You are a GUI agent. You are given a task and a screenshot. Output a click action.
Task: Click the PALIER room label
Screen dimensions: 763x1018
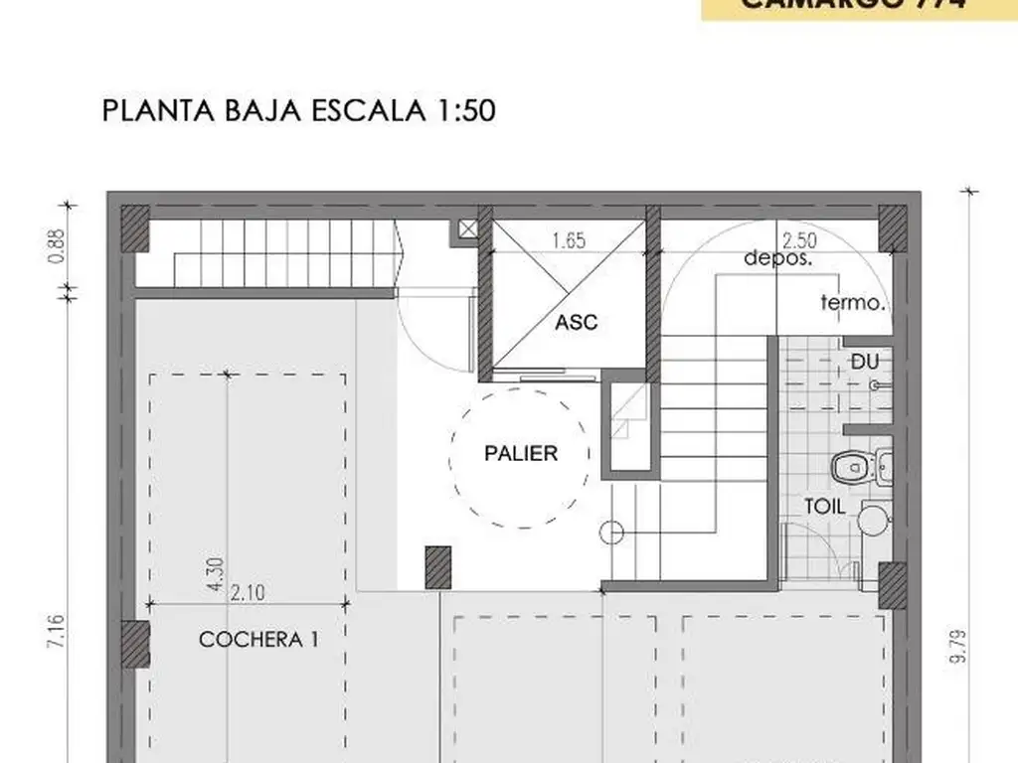click(521, 454)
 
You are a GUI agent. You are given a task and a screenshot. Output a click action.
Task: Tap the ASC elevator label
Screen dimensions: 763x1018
click(577, 323)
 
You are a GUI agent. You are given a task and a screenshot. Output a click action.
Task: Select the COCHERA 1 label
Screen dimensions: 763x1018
click(258, 640)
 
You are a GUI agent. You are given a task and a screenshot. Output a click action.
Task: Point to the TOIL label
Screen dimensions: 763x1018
click(825, 506)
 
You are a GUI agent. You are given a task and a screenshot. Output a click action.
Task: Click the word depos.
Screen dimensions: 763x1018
click(778, 257)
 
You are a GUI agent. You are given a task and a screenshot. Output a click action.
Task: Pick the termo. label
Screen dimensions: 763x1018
click(852, 303)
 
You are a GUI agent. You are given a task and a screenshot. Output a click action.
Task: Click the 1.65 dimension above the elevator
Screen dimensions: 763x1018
click(569, 238)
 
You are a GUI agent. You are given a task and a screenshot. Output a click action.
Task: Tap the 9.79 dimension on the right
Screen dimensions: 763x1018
click(957, 645)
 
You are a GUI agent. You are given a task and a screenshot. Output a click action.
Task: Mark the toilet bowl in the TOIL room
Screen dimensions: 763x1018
click(848, 465)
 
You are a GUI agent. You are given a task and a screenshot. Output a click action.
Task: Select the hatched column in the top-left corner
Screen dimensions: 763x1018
click(134, 228)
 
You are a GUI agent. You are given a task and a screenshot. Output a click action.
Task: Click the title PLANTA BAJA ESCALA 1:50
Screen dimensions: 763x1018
click(298, 110)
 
